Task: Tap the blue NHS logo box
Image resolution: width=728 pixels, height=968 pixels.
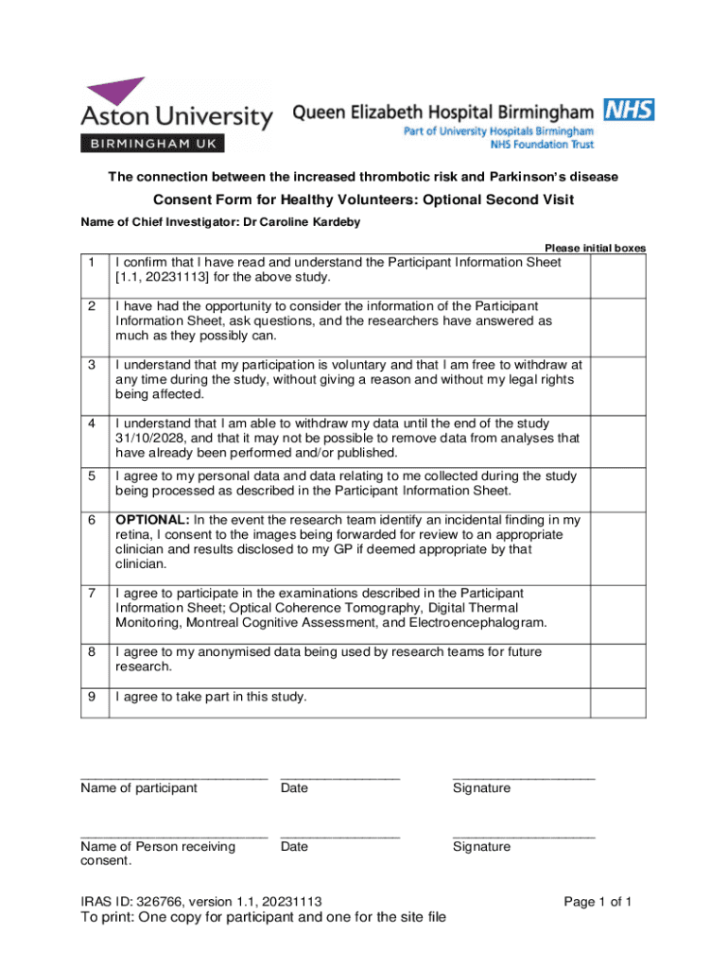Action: pos(630,111)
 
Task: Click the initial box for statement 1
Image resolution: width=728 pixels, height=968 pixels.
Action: pos(617,270)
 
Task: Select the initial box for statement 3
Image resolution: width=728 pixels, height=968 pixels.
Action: pos(617,379)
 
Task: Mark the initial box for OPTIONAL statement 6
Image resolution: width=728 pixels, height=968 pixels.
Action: pos(617,542)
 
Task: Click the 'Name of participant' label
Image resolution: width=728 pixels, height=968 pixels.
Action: pos(139,787)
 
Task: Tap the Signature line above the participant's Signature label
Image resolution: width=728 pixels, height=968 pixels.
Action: pos(524,777)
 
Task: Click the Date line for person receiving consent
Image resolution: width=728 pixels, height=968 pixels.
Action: pos(339,837)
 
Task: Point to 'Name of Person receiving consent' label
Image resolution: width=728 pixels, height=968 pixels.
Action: pos(158,853)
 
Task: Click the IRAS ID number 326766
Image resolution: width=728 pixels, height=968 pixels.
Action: pos(159,901)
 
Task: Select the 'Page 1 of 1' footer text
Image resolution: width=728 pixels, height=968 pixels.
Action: pos(598,901)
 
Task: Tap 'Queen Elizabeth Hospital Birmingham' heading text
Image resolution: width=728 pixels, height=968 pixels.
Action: pos(443,113)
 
